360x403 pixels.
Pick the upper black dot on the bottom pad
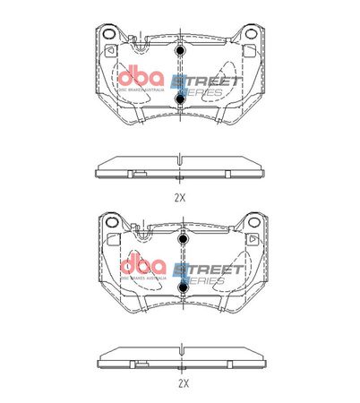182,240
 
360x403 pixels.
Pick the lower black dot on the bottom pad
182,287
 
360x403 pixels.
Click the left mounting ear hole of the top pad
108,37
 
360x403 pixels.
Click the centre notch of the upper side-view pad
181,161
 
